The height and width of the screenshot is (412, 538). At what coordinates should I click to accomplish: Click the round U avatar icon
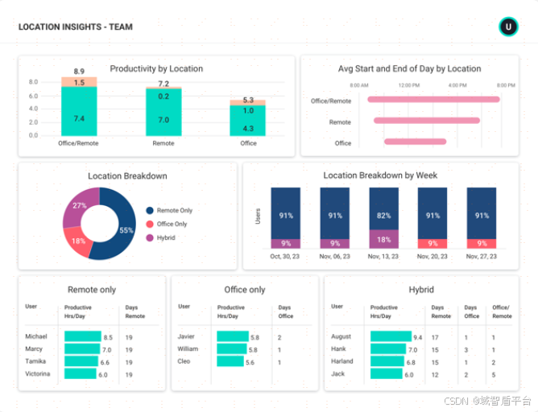507,27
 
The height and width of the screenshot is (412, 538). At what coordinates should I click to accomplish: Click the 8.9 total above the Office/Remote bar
79,72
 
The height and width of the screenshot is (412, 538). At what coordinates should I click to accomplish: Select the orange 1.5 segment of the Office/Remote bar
79,82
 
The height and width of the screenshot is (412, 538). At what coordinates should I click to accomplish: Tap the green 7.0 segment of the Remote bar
163,119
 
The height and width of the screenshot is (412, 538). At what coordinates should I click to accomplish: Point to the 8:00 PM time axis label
506,84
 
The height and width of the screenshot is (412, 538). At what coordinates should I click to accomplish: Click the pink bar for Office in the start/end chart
415,142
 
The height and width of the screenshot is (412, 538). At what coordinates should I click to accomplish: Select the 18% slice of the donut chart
79,241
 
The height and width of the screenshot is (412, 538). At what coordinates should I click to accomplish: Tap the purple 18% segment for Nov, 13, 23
384,239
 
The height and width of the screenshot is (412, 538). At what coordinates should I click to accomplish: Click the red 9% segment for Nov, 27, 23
482,243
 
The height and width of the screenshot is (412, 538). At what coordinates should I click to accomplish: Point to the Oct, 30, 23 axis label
286,257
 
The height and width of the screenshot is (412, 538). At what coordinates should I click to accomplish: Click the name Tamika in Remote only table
36,362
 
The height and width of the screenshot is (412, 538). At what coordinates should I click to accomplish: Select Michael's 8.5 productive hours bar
82,337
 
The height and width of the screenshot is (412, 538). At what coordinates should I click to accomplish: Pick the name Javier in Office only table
187,337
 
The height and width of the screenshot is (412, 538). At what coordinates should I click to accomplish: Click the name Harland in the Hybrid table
343,362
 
